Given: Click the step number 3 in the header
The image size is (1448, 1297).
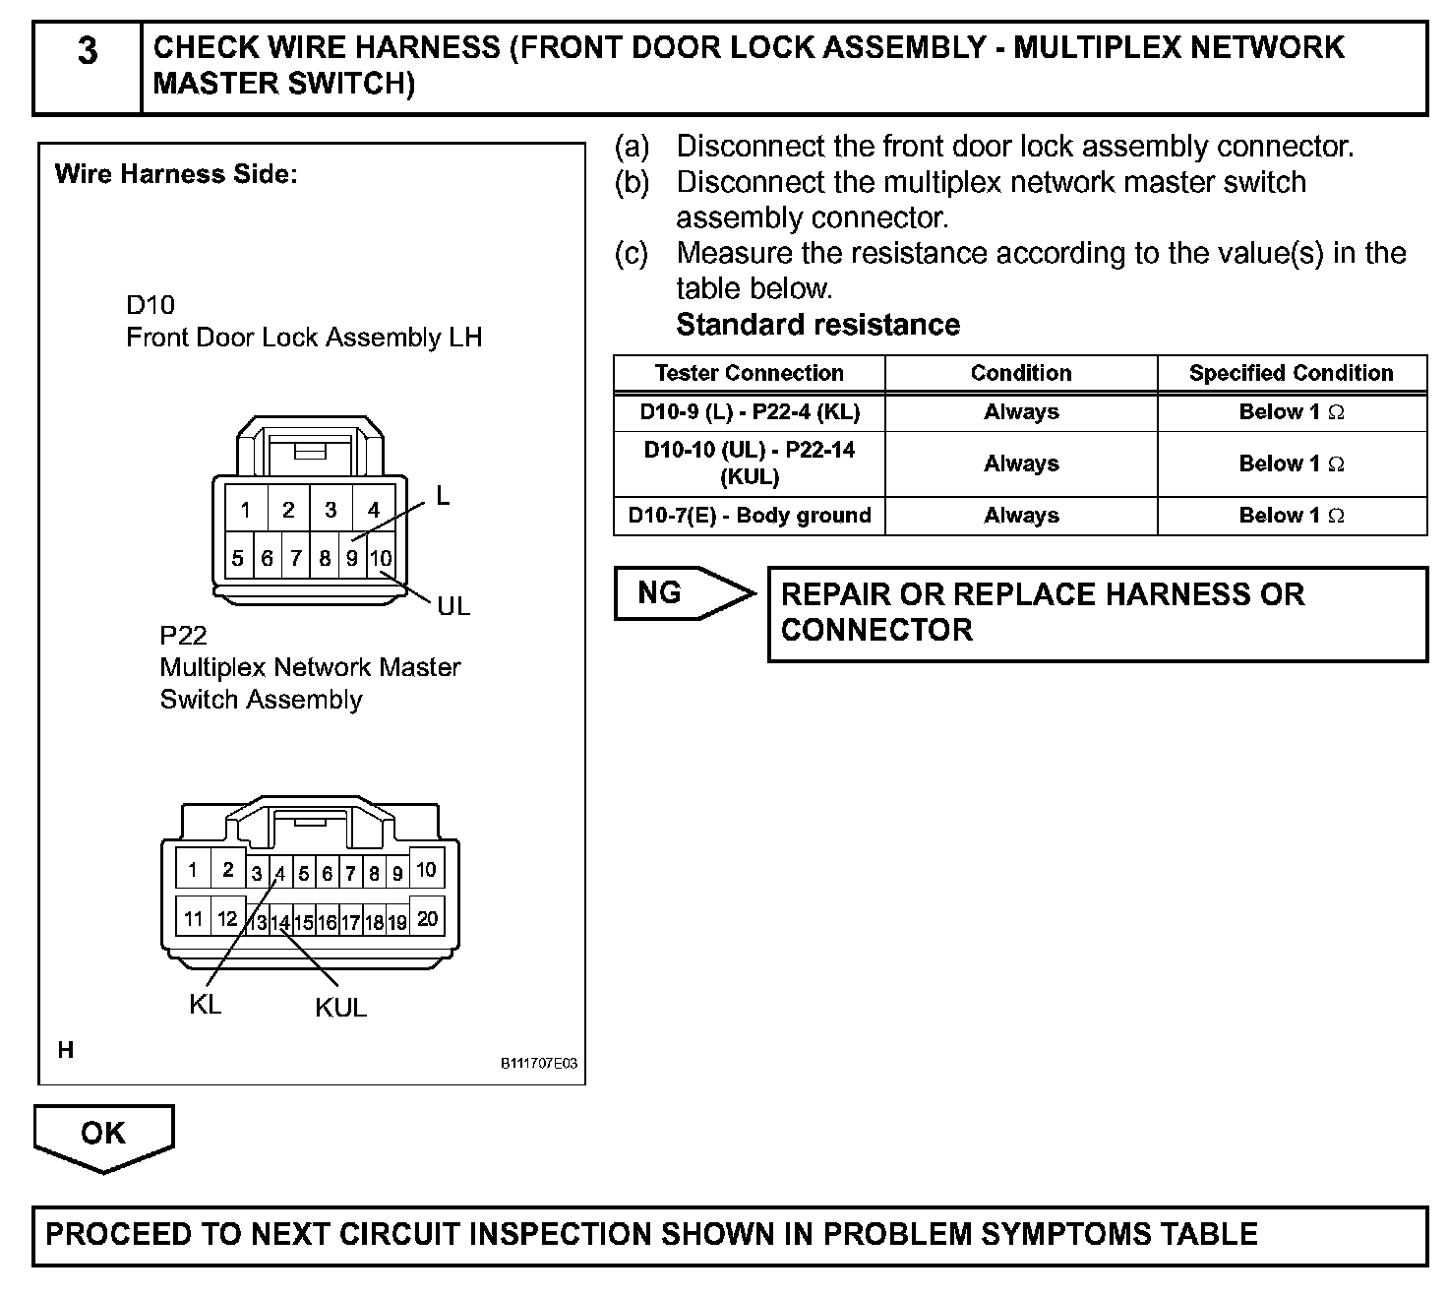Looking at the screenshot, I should click(x=88, y=50).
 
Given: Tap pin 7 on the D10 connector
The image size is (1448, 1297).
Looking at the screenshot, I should click(x=296, y=559).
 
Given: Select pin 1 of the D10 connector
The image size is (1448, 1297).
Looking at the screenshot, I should click(x=245, y=510).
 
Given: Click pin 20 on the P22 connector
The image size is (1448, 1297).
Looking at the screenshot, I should click(x=427, y=918).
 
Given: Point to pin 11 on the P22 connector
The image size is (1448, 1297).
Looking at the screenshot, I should click(x=194, y=918).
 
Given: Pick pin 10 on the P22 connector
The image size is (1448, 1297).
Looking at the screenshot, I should click(x=426, y=869).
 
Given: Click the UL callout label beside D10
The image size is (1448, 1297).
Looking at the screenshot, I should click(x=453, y=606).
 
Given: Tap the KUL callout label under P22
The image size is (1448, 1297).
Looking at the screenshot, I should click(x=340, y=1008).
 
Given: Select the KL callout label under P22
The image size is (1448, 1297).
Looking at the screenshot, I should click(x=205, y=1005).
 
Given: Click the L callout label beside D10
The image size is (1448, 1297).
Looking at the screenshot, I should click(x=443, y=498).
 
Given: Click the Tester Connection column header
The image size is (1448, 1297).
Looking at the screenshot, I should click(x=749, y=373).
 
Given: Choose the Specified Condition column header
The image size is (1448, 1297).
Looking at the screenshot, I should click(x=1291, y=373).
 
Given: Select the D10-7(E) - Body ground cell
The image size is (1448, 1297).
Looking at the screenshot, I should click(x=749, y=516).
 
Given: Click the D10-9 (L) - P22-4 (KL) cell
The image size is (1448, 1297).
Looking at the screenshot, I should click(x=749, y=412).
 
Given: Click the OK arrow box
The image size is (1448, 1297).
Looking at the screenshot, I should click(x=103, y=1134).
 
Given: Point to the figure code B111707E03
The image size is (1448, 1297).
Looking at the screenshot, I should click(x=538, y=1064).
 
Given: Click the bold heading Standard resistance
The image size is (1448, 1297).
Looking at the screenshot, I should click(x=817, y=325).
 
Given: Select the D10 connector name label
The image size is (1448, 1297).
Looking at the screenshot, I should click(x=151, y=305).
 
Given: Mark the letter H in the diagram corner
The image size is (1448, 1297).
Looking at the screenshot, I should click(x=66, y=1050).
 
